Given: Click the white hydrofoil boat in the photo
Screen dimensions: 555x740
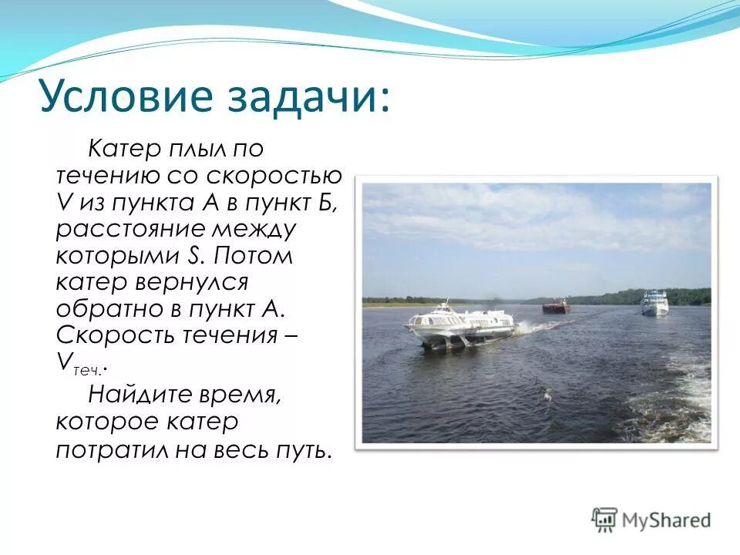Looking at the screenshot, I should [x=459, y=324].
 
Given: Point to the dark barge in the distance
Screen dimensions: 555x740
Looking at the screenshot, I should [x=556, y=307].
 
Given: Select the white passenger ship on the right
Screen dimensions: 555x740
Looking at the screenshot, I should [x=654, y=302].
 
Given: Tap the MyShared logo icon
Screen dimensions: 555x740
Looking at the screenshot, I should [x=605, y=520].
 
